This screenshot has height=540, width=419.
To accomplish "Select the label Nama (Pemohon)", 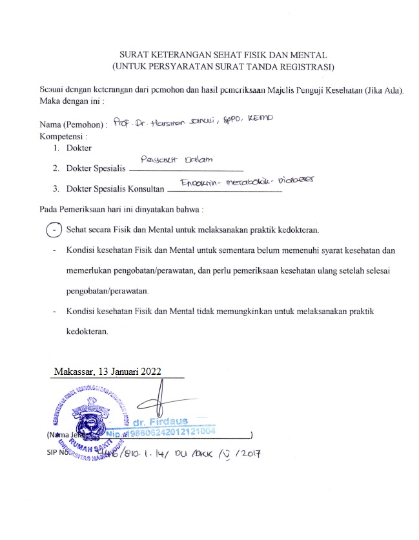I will [x=72, y=124].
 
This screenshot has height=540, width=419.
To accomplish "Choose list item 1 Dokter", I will [x=79, y=148].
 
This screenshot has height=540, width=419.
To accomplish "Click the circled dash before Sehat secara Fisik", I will [x=56, y=229].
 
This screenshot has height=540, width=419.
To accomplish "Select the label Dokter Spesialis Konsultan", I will [x=114, y=189].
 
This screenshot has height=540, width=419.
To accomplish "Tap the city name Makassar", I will [x=74, y=371].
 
